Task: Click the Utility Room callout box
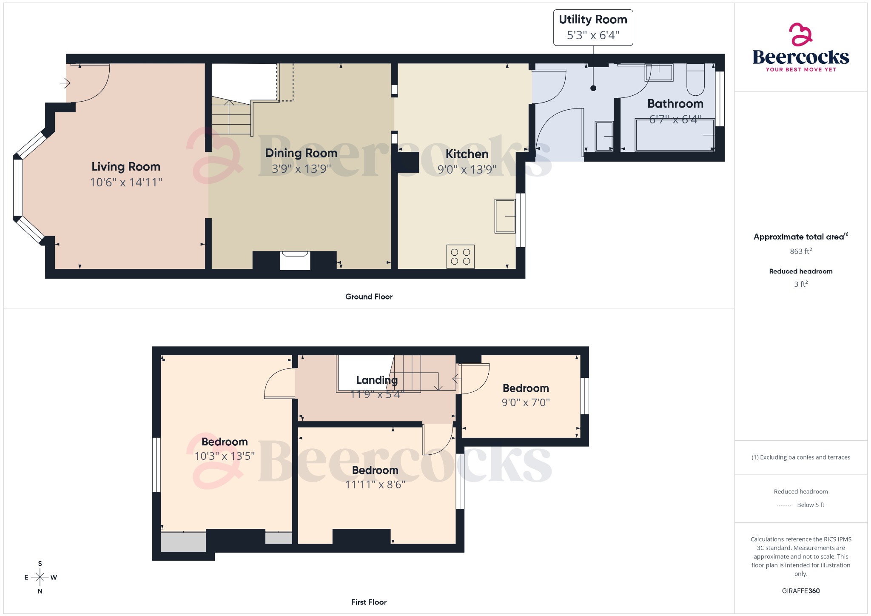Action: [x=593, y=28]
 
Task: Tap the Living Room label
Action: [x=126, y=167]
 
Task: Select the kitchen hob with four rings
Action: [x=460, y=257]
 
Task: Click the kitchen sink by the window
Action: [x=505, y=216]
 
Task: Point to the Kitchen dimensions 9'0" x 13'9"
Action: [x=467, y=170]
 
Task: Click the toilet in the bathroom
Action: [x=695, y=80]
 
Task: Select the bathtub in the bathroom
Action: [x=675, y=135]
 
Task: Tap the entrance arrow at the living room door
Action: [x=65, y=83]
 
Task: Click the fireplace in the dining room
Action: [x=295, y=260]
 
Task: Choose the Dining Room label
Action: [x=301, y=153]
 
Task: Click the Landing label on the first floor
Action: [x=377, y=380]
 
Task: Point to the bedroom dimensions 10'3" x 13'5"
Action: [x=225, y=456]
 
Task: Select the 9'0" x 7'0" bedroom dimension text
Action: [x=526, y=402]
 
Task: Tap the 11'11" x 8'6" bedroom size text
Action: [x=375, y=485]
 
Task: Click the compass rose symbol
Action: [x=40, y=577]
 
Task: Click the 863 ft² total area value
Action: [x=800, y=251]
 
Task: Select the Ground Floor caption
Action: [x=369, y=297]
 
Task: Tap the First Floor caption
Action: [x=369, y=602]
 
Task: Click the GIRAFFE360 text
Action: [x=800, y=591]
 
